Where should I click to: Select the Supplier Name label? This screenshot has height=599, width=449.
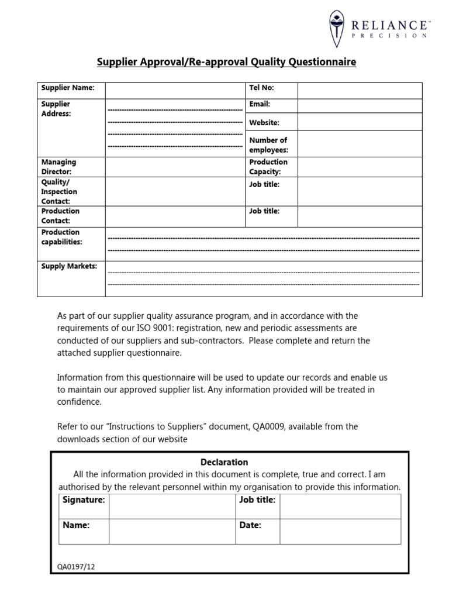[64, 88]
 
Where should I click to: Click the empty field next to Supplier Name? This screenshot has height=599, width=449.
[175, 90]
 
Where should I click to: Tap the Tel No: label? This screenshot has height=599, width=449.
[261, 88]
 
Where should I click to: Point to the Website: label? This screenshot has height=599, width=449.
[264, 123]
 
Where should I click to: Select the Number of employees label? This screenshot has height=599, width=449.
[268, 145]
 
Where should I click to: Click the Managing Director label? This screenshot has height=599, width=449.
[58, 167]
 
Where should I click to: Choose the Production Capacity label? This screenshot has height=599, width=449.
[268, 167]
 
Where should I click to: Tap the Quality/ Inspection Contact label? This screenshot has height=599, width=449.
[59, 191]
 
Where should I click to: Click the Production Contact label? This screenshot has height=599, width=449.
[60, 216]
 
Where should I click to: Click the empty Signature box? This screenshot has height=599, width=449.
[171, 506]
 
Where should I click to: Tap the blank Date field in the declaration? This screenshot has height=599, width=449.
[340, 531]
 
